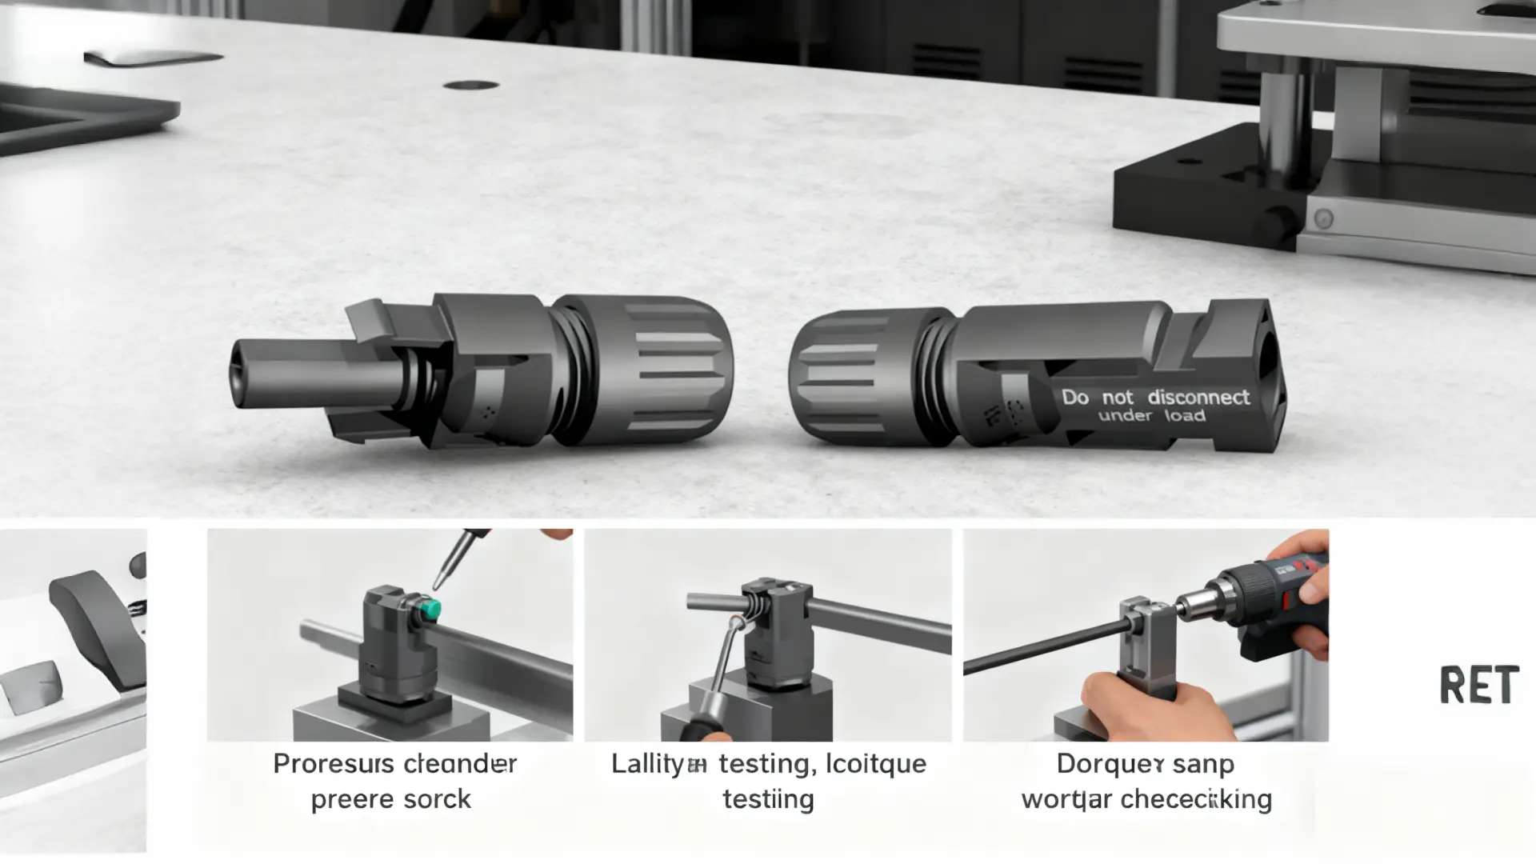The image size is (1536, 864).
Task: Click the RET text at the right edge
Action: point(1478,685)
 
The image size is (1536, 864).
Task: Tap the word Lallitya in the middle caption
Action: point(658,764)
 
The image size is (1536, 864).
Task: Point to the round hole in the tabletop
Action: point(470,85)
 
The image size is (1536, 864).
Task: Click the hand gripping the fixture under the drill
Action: point(1152,704)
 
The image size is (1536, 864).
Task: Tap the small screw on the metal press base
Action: point(1323,218)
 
